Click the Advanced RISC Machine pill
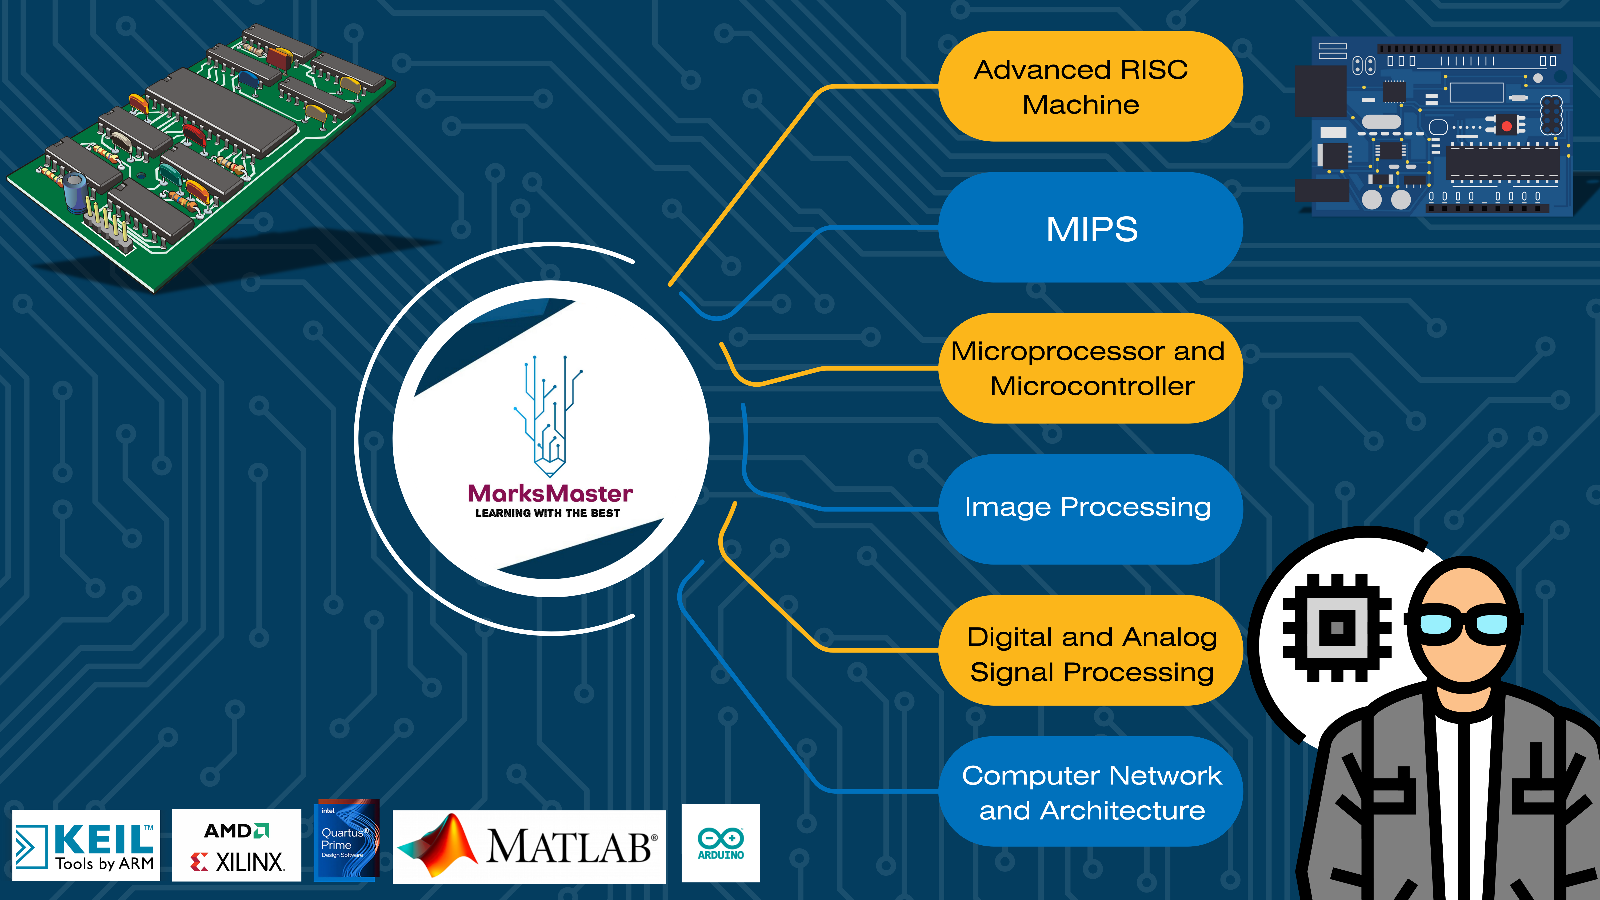(x=1090, y=86)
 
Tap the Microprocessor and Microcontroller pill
(x=1090, y=368)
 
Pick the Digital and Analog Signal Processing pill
(x=1090, y=650)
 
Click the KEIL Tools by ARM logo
(x=86, y=845)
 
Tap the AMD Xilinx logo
(x=237, y=845)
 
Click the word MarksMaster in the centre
(x=550, y=494)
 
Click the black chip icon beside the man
(x=1337, y=627)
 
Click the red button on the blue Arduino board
(x=1506, y=126)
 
